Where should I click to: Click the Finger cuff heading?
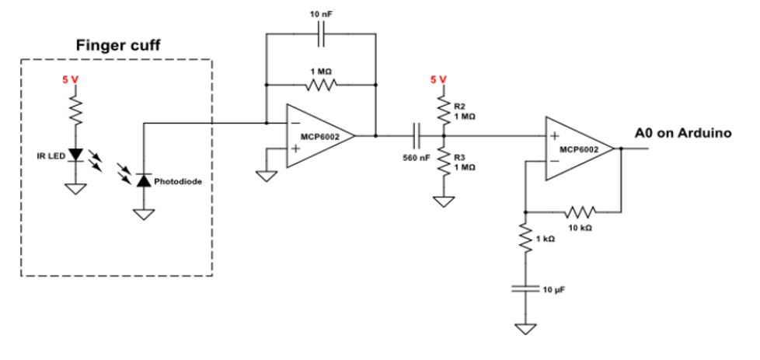[x=117, y=46]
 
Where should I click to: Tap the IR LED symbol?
[x=75, y=155]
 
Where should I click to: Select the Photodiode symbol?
[x=142, y=180]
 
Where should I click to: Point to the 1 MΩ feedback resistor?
[x=320, y=83]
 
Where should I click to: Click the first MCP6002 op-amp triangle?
[x=319, y=135]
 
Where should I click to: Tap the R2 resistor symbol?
[x=444, y=110]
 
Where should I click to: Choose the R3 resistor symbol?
[x=444, y=162]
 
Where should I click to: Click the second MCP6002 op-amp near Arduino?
[x=578, y=148]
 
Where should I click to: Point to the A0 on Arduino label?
[x=683, y=133]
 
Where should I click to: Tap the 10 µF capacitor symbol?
[x=526, y=288]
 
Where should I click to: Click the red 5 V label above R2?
[x=439, y=79]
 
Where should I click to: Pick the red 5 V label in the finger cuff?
[x=71, y=79]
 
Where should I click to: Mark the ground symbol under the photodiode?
[x=142, y=213]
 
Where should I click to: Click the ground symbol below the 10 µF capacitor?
[x=526, y=328]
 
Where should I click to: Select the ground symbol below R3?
[x=444, y=202]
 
